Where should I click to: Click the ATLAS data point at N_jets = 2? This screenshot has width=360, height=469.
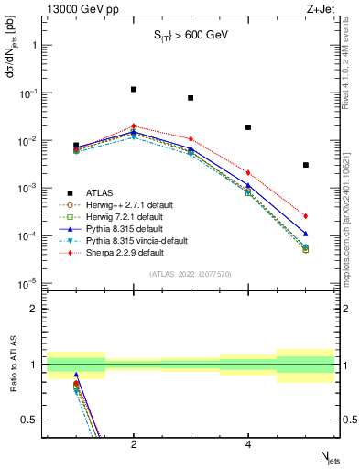pyautogui.click(x=134, y=90)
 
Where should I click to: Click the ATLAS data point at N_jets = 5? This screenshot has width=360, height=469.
pyautogui.click(x=306, y=165)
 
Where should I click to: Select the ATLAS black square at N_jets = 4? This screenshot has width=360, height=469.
pyautogui.click(x=248, y=127)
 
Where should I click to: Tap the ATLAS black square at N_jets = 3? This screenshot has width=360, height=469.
pyautogui.click(x=191, y=98)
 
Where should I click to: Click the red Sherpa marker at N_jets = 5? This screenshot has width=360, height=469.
pyautogui.click(x=306, y=216)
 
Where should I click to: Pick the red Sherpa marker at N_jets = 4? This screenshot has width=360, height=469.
pyautogui.click(x=248, y=172)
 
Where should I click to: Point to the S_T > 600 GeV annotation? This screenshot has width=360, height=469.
pyautogui.click(x=190, y=36)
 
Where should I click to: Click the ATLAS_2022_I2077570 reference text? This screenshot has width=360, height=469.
pyautogui.click(x=190, y=274)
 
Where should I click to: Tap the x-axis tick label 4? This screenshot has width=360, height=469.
pyautogui.click(x=248, y=444)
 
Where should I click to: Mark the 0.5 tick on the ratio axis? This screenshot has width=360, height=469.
pyautogui.click(x=32, y=420)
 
